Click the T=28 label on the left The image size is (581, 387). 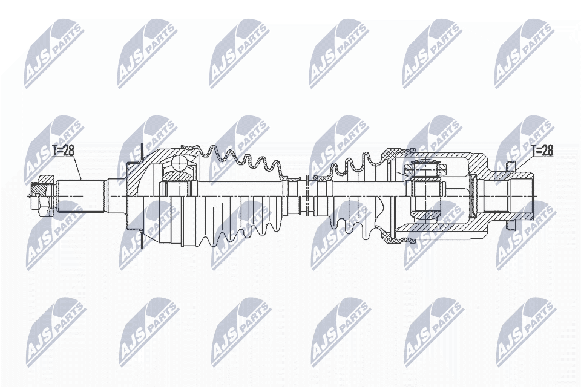click(x=63, y=151)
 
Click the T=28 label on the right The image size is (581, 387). click(x=542, y=151)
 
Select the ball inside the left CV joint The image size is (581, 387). click(x=180, y=164)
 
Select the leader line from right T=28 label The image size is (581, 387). click(x=524, y=164)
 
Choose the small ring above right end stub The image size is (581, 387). click(x=510, y=166)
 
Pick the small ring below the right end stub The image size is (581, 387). click(x=510, y=225)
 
